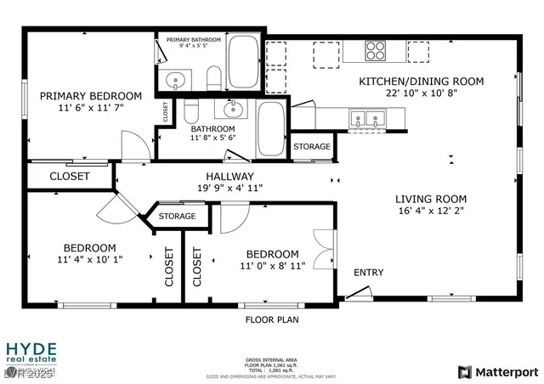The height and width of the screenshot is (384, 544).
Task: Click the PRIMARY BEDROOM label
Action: click(x=91, y=95)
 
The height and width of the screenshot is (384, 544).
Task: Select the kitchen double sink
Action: click(x=368, y=121)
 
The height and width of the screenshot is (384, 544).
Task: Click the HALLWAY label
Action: click(x=225, y=176)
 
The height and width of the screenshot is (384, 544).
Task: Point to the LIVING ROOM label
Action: click(x=431, y=200)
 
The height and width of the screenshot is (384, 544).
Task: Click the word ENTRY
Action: click(x=368, y=273)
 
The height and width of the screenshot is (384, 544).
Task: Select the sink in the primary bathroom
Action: click(x=175, y=82)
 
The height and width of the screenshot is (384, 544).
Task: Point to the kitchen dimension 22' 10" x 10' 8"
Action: click(x=421, y=93)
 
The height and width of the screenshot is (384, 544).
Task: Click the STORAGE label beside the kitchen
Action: click(x=312, y=147)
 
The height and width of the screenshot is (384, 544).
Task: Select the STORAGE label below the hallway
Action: click(x=176, y=217)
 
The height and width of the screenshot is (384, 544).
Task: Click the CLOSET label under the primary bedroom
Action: click(x=70, y=176)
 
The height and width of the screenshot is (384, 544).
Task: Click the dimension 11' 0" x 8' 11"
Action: click(x=272, y=266)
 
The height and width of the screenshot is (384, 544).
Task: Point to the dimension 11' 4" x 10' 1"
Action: click(x=91, y=259)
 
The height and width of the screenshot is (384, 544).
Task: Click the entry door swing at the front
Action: click(x=358, y=293)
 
